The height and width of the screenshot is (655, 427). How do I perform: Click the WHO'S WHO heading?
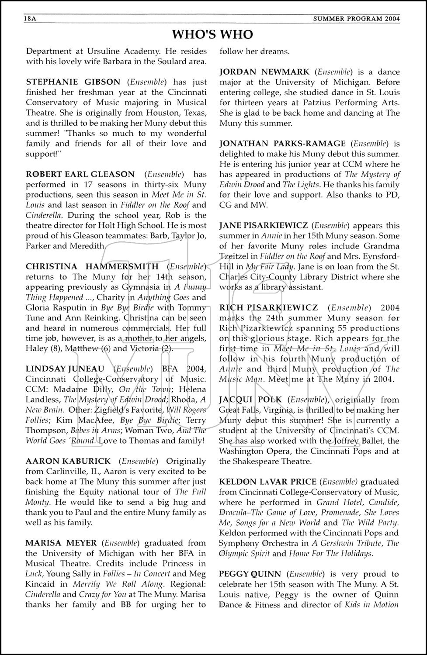tap(212, 34)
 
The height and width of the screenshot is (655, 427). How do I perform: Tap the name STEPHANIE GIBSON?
tap(73, 82)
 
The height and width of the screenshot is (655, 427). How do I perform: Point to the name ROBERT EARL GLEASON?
tap(80, 174)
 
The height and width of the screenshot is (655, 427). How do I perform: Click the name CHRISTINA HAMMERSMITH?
tap(92, 266)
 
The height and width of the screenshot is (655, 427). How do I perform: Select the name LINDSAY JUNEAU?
tap(65, 369)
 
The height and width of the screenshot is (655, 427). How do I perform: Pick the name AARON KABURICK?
tap(68, 461)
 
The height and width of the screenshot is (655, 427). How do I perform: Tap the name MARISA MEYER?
tap(61, 543)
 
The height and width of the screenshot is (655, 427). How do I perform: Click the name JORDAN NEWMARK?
tap(264, 72)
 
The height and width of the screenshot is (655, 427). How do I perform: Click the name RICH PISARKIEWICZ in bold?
tap(268, 308)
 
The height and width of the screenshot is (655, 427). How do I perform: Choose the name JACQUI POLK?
tap(250, 400)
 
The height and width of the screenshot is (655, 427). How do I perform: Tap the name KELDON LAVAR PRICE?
tap(267, 482)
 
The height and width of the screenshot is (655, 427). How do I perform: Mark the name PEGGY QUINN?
tap(247, 574)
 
